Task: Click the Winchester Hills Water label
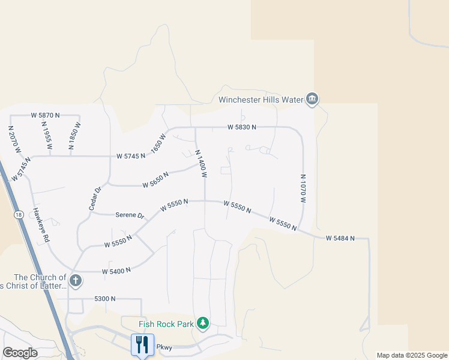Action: pyautogui.click(x=260, y=100)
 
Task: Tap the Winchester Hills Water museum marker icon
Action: pyautogui.click(x=312, y=99)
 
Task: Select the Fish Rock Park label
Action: pyautogui.click(x=166, y=324)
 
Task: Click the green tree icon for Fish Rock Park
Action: pyautogui.click(x=203, y=324)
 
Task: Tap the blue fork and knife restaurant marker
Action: pyautogui.click(x=142, y=344)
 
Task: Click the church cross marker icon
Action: pyautogui.click(x=75, y=280)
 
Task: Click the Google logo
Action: pyautogui.click(x=20, y=353)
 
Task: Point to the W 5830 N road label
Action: pyautogui.click(x=242, y=127)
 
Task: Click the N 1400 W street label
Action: pyautogui.click(x=201, y=163)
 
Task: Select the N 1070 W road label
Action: pyautogui.click(x=303, y=189)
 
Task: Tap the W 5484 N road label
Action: pyautogui.click(x=340, y=238)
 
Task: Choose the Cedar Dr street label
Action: pyautogui.click(x=94, y=198)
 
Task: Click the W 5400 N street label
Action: pyautogui.click(x=116, y=271)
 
